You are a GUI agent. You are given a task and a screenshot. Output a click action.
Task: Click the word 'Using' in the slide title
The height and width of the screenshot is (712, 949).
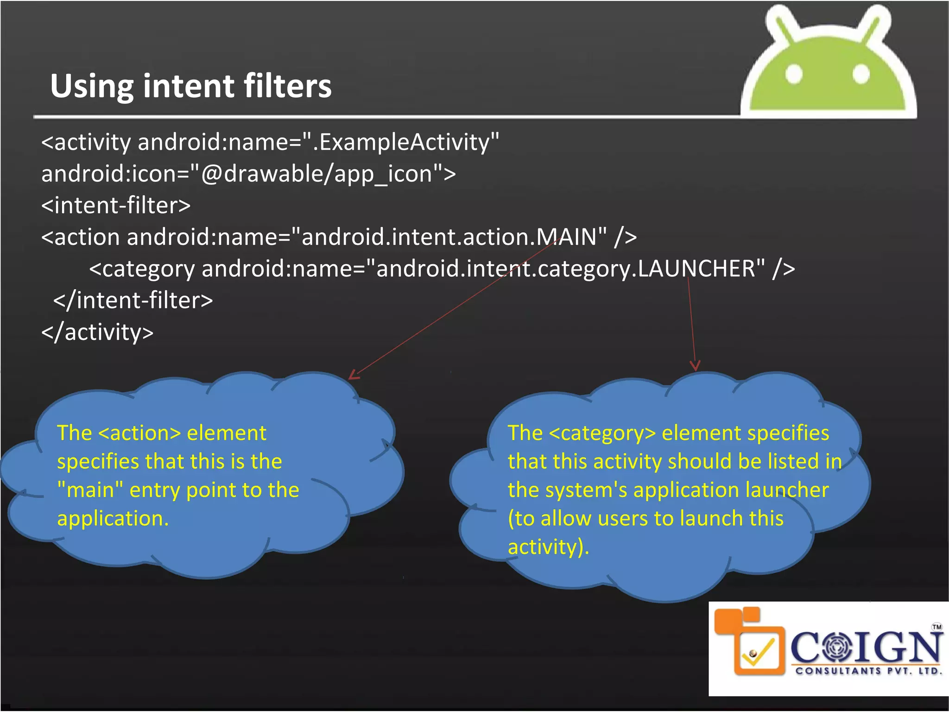point(92,86)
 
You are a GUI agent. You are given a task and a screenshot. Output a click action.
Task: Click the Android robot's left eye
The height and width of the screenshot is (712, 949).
point(794,74)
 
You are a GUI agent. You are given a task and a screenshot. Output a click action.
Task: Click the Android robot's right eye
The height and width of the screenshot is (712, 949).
point(861,74)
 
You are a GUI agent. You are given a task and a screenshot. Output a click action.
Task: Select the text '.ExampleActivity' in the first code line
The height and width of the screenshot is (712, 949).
point(401,142)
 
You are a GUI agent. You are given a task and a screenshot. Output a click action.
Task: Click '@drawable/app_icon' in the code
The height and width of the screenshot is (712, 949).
point(316,174)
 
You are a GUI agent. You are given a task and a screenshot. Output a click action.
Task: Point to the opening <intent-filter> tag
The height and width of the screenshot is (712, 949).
point(116,205)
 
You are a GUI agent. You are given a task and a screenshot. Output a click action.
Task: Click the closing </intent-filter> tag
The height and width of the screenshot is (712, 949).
point(133,300)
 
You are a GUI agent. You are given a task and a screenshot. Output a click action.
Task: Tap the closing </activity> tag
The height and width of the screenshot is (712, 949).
point(97,332)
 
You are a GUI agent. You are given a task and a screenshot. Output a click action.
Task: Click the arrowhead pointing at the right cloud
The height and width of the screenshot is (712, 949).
point(695,366)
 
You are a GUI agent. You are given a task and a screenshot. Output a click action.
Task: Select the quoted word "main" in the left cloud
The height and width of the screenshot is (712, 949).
point(90,490)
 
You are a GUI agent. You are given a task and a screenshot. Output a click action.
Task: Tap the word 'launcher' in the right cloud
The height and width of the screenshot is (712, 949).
point(787,490)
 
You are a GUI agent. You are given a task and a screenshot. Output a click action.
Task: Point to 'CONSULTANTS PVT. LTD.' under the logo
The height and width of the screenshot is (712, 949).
point(868,671)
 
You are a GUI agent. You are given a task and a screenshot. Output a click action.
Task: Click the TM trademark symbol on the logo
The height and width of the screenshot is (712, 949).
point(937,627)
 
